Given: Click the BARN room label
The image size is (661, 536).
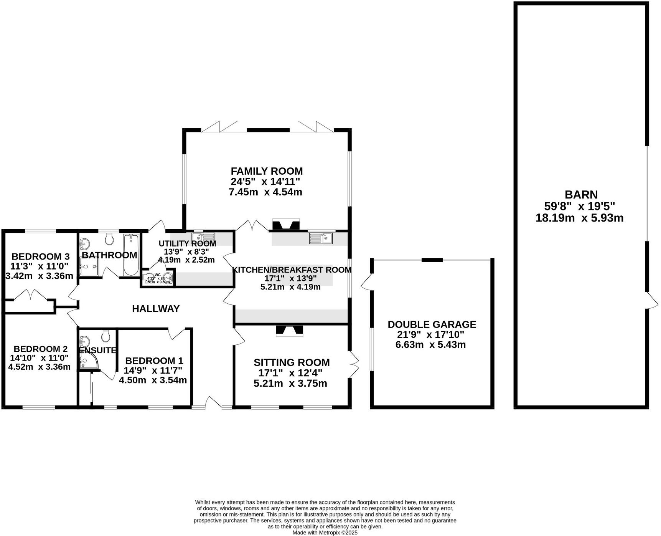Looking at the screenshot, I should (x=581, y=195).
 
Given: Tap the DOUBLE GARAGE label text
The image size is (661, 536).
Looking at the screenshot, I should (x=432, y=324).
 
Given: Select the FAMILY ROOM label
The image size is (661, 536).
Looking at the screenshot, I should (x=266, y=171).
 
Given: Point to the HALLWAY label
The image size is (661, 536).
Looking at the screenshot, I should (x=156, y=309).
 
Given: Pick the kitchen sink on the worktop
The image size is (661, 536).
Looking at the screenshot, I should (x=321, y=238).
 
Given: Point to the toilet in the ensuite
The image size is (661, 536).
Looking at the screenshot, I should (x=106, y=336).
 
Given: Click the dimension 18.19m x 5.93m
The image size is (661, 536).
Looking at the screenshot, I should (x=579, y=218).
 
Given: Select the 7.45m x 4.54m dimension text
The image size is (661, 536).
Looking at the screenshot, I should (x=265, y=192).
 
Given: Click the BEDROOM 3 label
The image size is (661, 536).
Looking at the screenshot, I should (x=40, y=256).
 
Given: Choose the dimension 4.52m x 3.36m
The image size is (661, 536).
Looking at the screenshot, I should (x=40, y=367).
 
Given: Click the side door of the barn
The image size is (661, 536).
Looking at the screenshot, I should (x=651, y=300).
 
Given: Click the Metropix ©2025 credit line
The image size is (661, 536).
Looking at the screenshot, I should (x=325, y=533).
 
